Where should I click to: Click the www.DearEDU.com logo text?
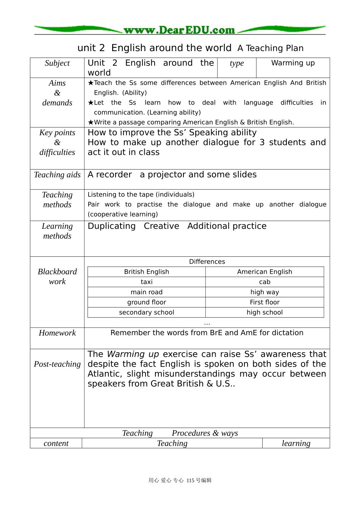tap(179, 30)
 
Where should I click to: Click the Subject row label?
tap(57, 63)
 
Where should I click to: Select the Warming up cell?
tap(293, 63)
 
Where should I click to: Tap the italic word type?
tap(237, 63)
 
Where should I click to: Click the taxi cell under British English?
tap(147, 282)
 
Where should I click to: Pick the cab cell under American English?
tap(265, 282)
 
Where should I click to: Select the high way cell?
tap(265, 292)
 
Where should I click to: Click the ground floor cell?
tap(147, 303)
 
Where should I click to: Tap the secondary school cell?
tap(147, 313)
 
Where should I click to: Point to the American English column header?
tap(265, 272)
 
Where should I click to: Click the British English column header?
tap(147, 272)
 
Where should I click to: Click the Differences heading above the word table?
tap(207, 262)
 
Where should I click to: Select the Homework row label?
tap(57, 333)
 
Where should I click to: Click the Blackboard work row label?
tap(57, 276)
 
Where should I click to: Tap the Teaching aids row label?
tap(57, 175)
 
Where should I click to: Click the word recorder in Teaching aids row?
tap(114, 175)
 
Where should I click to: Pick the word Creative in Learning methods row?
tap(161, 226)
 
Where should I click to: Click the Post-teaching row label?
tap(57, 364)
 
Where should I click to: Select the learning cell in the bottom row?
tap(296, 443)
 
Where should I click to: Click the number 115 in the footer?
tap(190, 481)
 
